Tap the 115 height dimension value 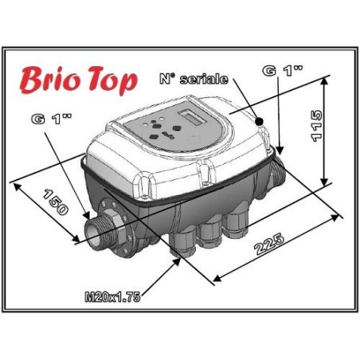[x=316, y=124]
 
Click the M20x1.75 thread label [x=112, y=297]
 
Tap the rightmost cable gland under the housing [x=236, y=225]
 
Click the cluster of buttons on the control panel [x=156, y=125]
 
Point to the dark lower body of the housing [x=159, y=211]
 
